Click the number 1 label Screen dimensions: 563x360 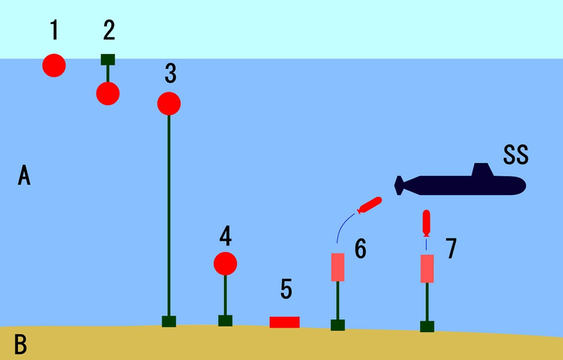coord(55,30)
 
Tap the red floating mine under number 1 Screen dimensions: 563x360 coord(54,65)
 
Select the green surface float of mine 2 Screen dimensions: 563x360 coord(108,60)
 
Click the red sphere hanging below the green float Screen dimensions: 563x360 coord(108,93)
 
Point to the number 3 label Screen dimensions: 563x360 coord(170,73)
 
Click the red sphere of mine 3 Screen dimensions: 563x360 coord(169,104)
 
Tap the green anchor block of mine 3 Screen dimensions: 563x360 coord(169,322)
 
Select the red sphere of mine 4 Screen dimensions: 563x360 coord(225,263)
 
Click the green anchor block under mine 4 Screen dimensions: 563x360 coord(225,321)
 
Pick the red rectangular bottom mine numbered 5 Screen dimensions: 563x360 coord(284,322)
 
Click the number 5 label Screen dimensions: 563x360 coord(286,289)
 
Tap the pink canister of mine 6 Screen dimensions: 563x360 coord(338,267)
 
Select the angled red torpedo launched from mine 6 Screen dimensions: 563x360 coord(370,205)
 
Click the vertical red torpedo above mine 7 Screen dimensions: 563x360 coord(426,223)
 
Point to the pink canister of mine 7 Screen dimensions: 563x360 coord(427,269)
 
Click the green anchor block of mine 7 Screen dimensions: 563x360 coord(427,326)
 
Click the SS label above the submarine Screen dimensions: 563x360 coord(516,155)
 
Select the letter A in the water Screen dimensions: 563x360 coord(24,175)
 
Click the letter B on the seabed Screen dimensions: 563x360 coord(21,344)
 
